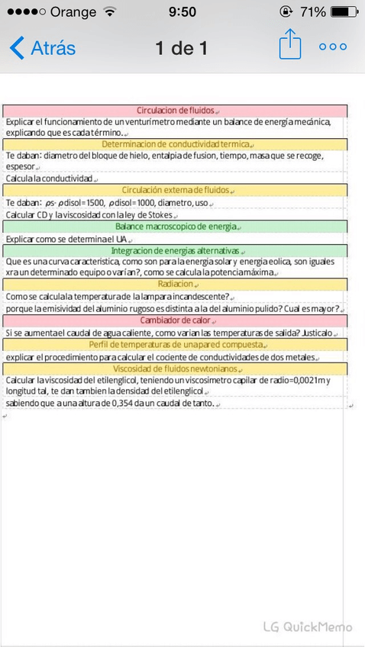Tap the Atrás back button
tap(43, 48)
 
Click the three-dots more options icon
tap(333, 47)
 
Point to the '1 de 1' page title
tap(181, 48)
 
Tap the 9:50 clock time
tap(182, 12)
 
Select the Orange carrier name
tap(73, 12)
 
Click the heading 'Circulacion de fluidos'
tap(176, 111)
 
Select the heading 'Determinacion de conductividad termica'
tap(176, 144)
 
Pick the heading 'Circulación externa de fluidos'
tap(176, 190)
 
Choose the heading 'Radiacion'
tap(176, 285)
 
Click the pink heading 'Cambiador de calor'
tap(176, 320)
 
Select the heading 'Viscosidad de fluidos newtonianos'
tap(176, 369)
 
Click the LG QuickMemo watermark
tap(308, 626)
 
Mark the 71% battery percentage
tap(313, 12)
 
